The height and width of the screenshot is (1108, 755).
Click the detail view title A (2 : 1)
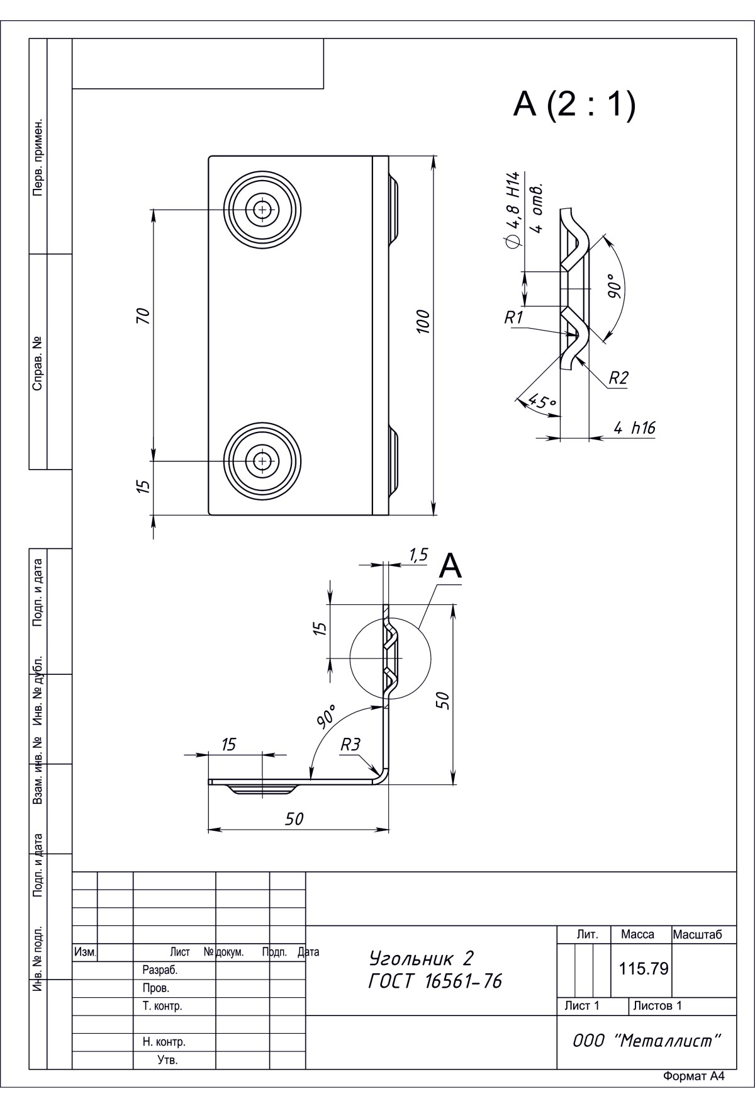coord(574,105)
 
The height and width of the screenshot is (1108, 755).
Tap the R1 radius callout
coord(514,317)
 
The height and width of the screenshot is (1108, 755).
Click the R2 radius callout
coord(618,378)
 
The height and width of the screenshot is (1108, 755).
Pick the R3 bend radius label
coord(350,745)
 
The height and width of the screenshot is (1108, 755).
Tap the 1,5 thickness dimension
coord(418,555)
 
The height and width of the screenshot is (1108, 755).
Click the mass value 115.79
coord(643,968)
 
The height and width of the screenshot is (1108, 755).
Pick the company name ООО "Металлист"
coord(646,1041)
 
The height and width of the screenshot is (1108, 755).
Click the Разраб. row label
coord(160,970)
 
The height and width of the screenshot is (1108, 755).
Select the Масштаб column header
coord(696,935)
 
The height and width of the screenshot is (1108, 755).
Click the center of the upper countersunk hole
coord(260,208)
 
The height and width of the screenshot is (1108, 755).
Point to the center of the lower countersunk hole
coord(260,461)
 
